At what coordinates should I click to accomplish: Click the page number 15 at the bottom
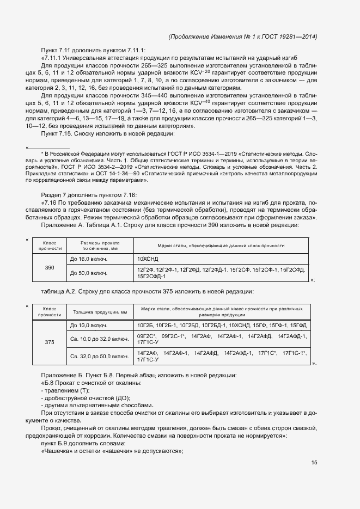click(314, 463)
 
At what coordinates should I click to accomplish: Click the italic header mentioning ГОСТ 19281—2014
click(243, 36)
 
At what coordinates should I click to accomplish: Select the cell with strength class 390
click(50, 268)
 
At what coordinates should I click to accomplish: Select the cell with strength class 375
click(50, 342)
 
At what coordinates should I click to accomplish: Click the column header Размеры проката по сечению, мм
click(100, 246)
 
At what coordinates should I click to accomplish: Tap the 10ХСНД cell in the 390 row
click(148, 259)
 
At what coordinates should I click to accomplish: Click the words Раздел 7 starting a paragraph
click(53, 195)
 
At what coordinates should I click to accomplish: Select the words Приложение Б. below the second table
click(63, 376)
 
